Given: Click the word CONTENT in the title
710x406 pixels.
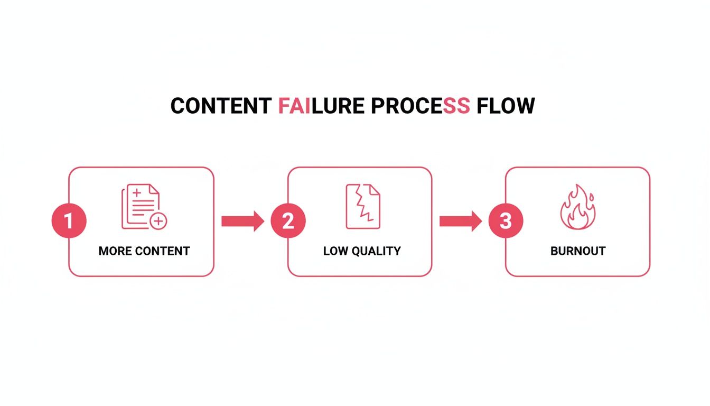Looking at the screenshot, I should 221,106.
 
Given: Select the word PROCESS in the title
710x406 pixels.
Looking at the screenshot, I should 419,106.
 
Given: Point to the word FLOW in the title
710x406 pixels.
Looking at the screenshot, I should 506,106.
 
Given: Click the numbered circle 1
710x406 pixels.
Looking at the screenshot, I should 69,221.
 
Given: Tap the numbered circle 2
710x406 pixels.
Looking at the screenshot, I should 288,221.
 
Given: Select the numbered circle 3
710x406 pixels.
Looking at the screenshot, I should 506,221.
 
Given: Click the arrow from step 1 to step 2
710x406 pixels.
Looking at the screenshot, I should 242,221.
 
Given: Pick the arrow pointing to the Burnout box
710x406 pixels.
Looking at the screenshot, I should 460,221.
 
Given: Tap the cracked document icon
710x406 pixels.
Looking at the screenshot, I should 362,206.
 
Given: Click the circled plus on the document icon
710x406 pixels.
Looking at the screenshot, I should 158,222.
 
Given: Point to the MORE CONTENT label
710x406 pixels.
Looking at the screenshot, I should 144,251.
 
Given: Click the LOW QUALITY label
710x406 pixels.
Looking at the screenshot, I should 362,251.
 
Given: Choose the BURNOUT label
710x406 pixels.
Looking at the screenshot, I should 577,251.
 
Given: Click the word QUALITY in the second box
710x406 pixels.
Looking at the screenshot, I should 376,251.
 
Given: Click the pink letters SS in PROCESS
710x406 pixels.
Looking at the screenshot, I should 456,106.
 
